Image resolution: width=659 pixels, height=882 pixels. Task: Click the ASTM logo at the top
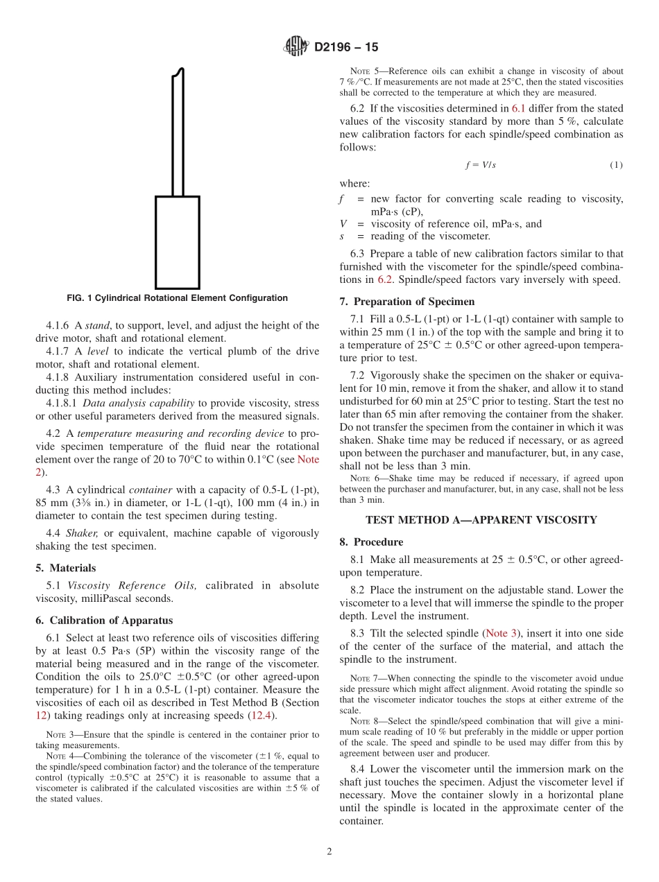(296, 47)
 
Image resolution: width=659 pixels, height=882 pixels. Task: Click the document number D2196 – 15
(346, 48)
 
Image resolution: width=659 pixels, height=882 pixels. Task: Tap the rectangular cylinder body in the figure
(177, 242)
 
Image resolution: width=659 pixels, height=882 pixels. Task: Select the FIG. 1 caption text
(177, 298)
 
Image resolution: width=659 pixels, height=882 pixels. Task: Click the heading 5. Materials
(65, 568)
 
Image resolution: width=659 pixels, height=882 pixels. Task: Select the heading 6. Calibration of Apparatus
(104, 621)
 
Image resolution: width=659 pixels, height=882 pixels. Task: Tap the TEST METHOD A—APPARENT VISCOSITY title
(481, 519)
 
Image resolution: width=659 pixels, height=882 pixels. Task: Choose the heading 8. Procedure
(371, 542)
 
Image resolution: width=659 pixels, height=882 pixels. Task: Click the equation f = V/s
(480, 165)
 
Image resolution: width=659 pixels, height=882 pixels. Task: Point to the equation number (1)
(616, 165)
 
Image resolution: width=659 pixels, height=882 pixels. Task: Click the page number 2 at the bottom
(329, 852)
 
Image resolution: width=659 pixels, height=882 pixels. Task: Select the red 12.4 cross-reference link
(262, 716)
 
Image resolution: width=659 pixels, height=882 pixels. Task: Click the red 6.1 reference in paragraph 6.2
(519, 108)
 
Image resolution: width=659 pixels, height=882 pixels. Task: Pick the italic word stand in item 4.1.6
(97, 325)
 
